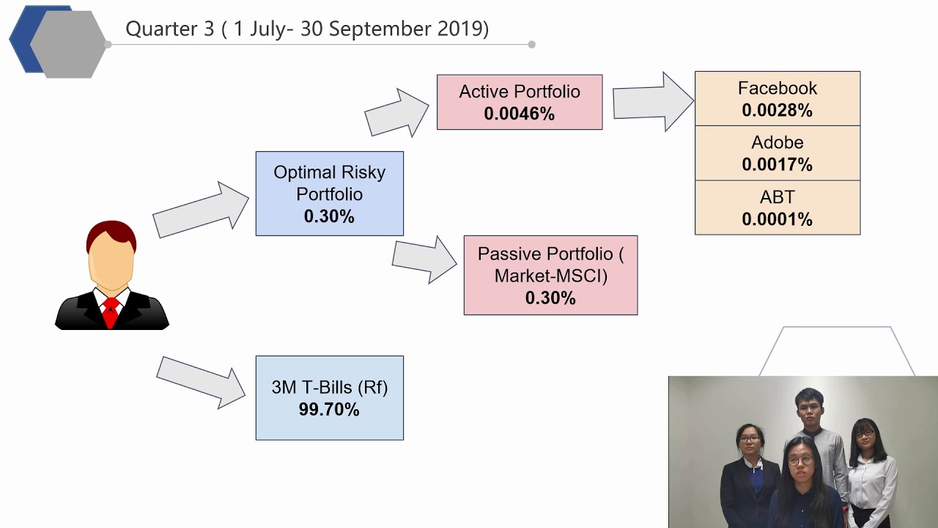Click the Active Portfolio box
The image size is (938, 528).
pos(520,102)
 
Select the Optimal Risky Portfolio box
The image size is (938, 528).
pos(329,194)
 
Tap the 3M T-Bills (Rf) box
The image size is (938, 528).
pos(329,397)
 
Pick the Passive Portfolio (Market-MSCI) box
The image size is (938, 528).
pos(550,275)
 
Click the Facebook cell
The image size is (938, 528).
pos(777,98)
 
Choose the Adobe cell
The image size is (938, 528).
pos(777,153)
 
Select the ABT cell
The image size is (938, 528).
pos(777,208)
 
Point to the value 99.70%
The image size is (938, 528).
pos(329,410)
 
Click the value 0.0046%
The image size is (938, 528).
pos(520,114)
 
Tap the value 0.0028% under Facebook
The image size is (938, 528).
pos(777,111)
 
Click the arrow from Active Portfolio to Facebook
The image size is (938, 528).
pos(651,102)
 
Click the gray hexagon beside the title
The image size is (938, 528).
pos(68,43)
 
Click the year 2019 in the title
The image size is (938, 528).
pos(459,29)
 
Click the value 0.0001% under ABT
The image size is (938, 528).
pos(777,219)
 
